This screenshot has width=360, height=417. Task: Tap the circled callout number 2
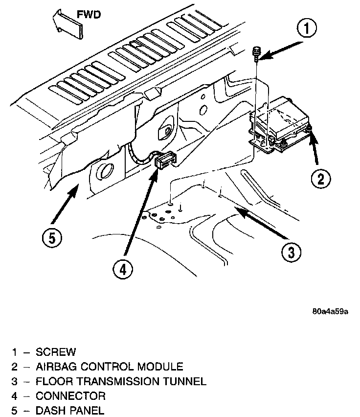(x=320, y=178)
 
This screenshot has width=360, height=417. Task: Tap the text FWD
(x=91, y=15)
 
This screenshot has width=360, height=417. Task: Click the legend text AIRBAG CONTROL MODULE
(x=109, y=366)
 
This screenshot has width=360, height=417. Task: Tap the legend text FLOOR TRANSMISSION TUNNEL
(x=121, y=381)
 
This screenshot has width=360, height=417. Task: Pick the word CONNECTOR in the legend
(x=70, y=395)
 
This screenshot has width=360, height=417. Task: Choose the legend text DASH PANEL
(x=69, y=410)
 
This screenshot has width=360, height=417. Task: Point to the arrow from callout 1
(x=279, y=50)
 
